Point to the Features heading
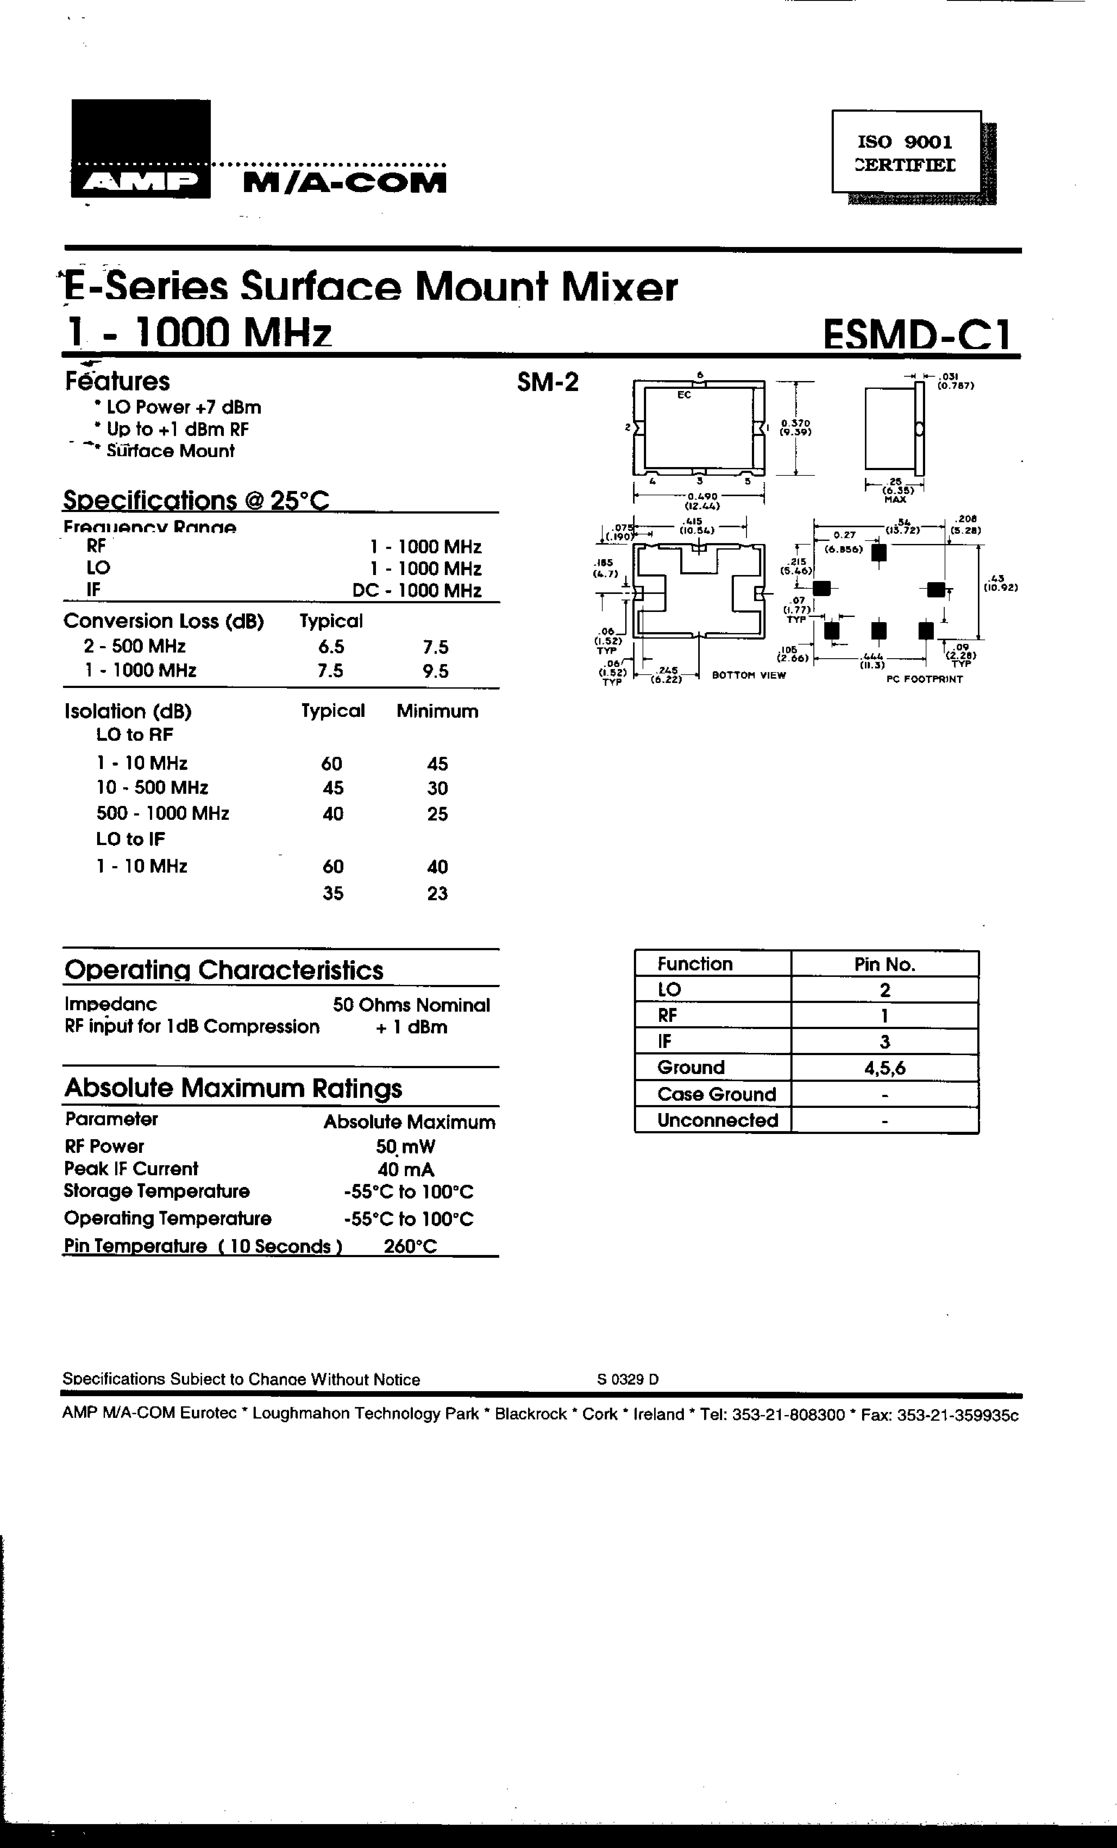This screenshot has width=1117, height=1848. click(x=118, y=381)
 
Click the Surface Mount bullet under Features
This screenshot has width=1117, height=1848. click(x=170, y=451)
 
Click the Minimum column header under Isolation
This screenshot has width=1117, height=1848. click(x=437, y=711)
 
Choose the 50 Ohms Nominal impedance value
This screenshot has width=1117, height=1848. click(x=411, y=1005)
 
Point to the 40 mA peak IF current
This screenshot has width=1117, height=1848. click(x=406, y=1169)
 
